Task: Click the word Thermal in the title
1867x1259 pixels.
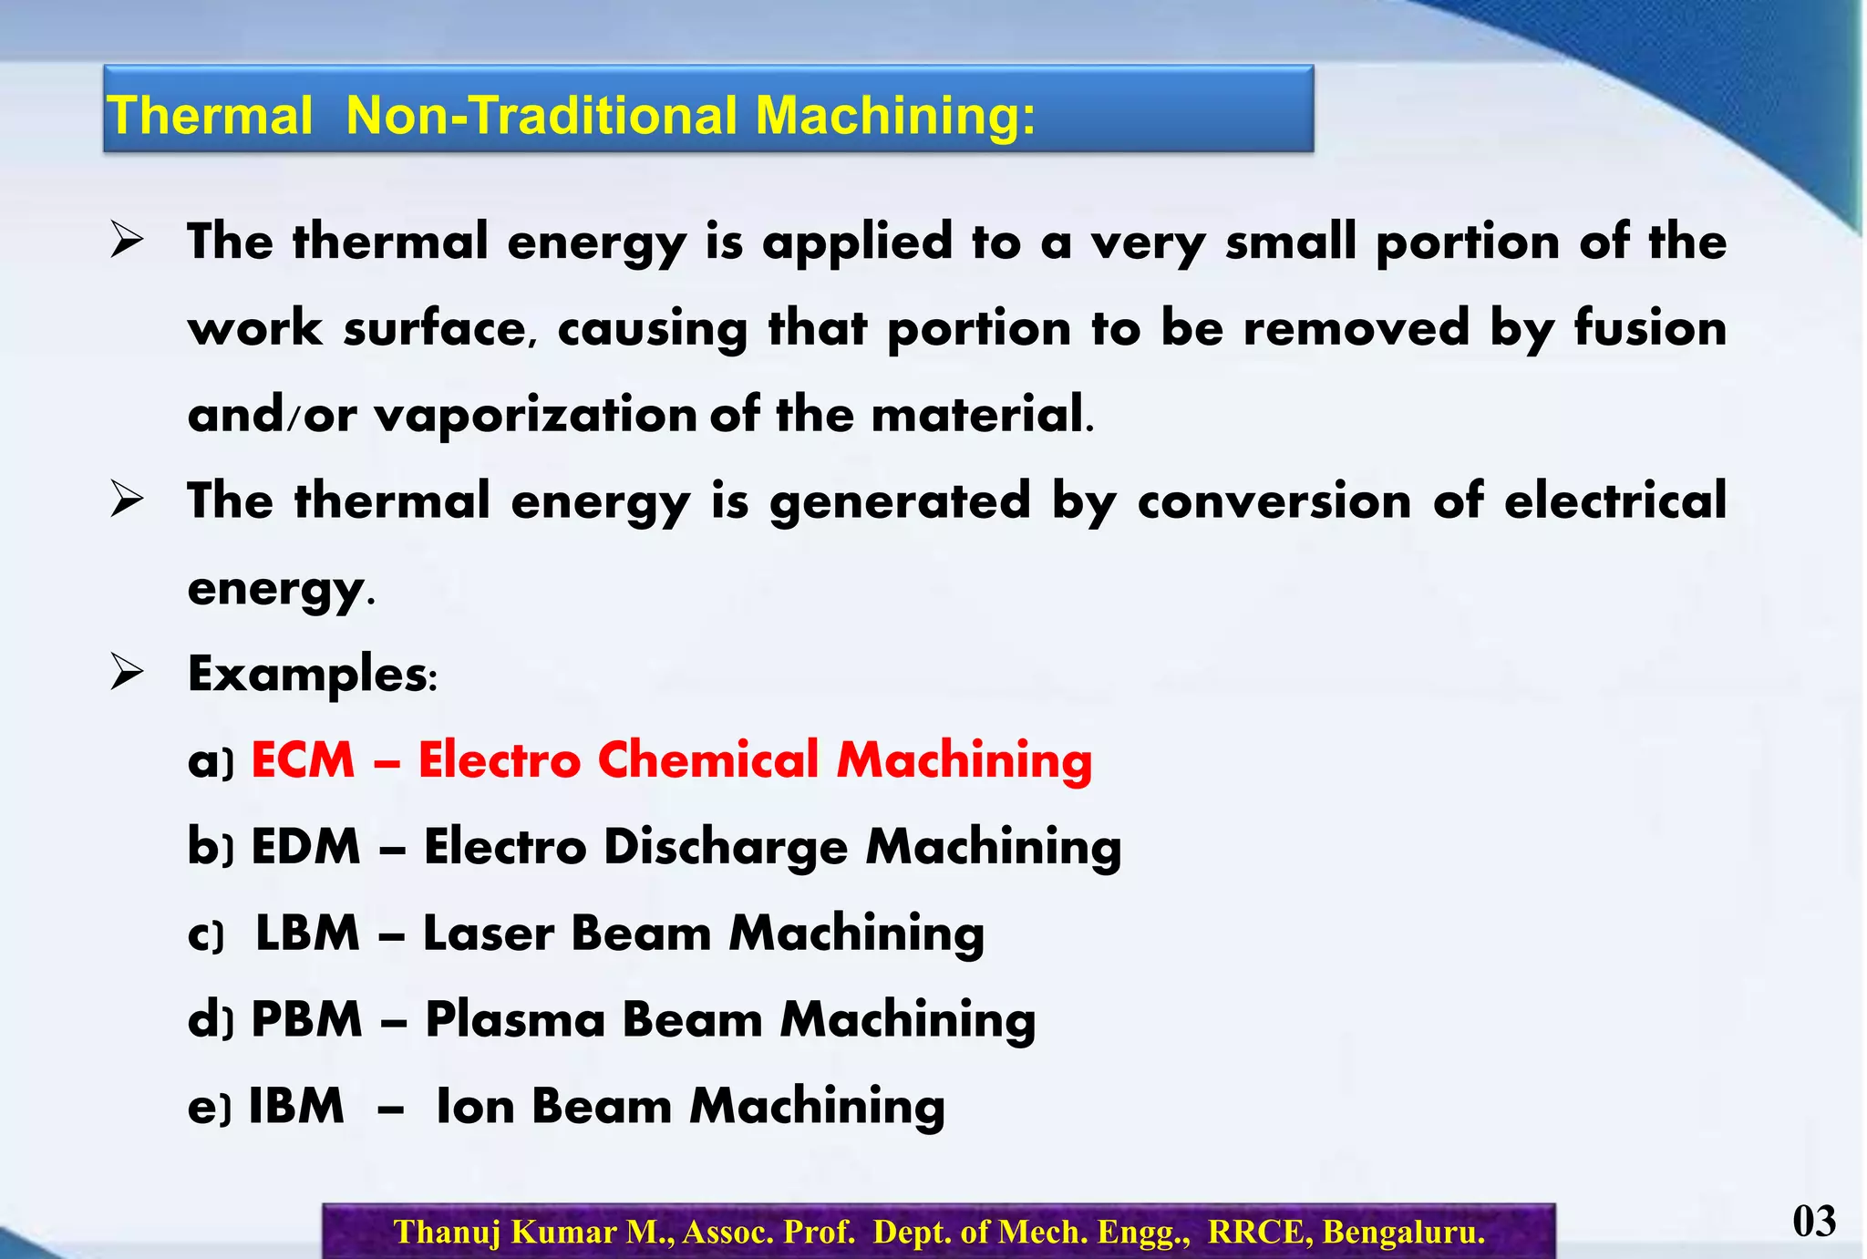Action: click(210, 117)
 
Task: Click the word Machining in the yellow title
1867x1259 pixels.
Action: click(895, 117)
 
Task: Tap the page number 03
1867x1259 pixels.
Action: click(1813, 1222)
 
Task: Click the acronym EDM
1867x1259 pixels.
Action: click(305, 846)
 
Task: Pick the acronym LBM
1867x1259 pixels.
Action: click(307, 933)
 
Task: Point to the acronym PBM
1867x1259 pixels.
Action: click(306, 1019)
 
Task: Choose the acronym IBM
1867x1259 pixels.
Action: click(296, 1106)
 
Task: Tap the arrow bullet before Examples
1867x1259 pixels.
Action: click(127, 673)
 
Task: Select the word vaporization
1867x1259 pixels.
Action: click(536, 415)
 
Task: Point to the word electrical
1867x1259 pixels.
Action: click(1614, 501)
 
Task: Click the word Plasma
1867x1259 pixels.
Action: click(515, 1019)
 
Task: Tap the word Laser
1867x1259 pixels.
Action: click(489, 933)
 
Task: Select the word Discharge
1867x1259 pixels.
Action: click(726, 846)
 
